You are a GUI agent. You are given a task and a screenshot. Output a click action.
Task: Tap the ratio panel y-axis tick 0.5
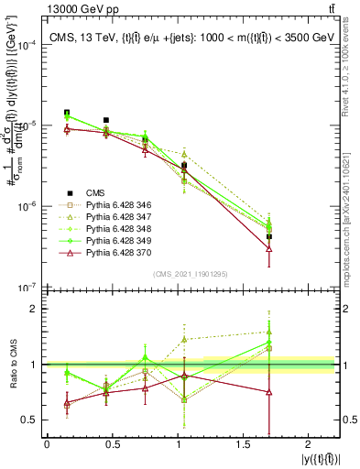(x=30, y=420)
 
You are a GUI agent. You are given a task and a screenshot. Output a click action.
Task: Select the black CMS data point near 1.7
(x=269, y=236)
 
